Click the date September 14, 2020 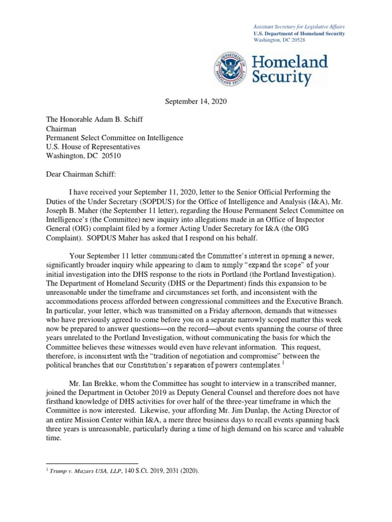(195, 101)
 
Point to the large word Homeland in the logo (290, 62)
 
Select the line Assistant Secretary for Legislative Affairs (299, 26)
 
